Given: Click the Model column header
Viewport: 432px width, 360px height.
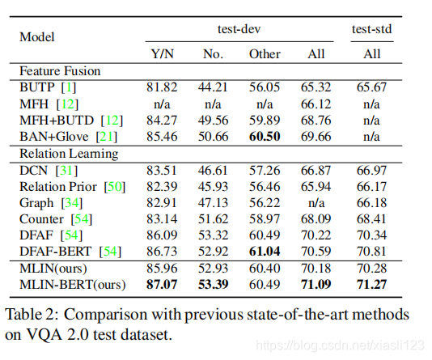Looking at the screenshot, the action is point(37,37).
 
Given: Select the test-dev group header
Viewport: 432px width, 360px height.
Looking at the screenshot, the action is point(239,29).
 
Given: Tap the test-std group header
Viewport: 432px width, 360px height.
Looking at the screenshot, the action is point(371,29).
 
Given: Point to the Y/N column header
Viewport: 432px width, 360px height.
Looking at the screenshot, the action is point(163,53).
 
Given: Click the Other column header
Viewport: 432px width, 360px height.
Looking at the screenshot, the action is point(265,53).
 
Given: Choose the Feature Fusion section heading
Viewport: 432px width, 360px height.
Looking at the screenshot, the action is point(60,71).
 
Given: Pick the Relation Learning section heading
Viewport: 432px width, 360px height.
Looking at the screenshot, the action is point(69,154).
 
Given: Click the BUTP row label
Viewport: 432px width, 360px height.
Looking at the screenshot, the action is point(37,87).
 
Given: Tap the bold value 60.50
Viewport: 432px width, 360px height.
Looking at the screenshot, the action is point(265,137).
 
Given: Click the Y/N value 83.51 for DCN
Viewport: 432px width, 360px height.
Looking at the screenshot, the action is point(162,170).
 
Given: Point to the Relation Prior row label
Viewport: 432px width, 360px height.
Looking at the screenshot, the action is point(58,187).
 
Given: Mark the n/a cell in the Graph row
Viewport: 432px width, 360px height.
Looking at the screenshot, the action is point(316,203).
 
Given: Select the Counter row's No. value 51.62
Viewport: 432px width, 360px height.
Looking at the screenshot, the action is point(214,219).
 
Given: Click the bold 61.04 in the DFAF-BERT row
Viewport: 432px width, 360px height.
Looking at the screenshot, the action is point(265,252).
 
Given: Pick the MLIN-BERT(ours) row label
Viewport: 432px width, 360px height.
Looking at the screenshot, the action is point(73,285).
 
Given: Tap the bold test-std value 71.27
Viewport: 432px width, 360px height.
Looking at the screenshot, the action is point(371,284).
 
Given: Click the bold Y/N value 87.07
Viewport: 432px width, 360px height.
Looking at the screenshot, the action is point(162,284).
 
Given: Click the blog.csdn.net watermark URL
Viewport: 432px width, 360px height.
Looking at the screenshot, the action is point(340,345).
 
